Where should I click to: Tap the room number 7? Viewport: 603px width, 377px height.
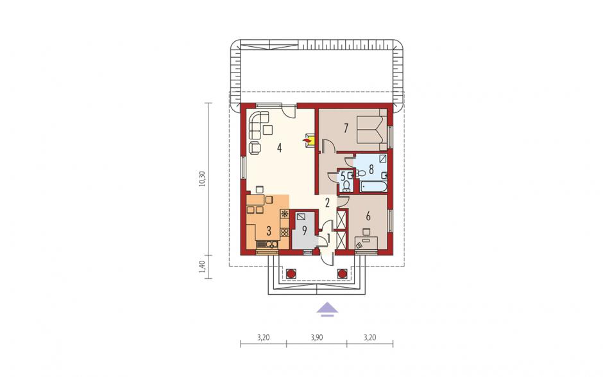346,128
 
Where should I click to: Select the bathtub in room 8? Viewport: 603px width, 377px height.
373,187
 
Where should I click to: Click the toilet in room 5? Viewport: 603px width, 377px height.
346,187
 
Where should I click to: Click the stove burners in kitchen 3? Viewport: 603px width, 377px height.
285,232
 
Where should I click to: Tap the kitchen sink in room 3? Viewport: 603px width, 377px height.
271,244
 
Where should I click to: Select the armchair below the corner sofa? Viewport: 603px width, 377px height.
255,147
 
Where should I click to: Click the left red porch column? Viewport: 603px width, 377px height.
291,274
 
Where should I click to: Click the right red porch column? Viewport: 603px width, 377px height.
342,274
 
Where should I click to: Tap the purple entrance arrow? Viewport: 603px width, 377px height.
327,309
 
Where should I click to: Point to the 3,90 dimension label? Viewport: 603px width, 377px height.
316,338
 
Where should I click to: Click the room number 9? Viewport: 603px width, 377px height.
304,231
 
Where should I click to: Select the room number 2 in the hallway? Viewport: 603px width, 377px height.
327,202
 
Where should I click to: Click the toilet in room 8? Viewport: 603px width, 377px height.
360,173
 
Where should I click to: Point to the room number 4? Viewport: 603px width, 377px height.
279,148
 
